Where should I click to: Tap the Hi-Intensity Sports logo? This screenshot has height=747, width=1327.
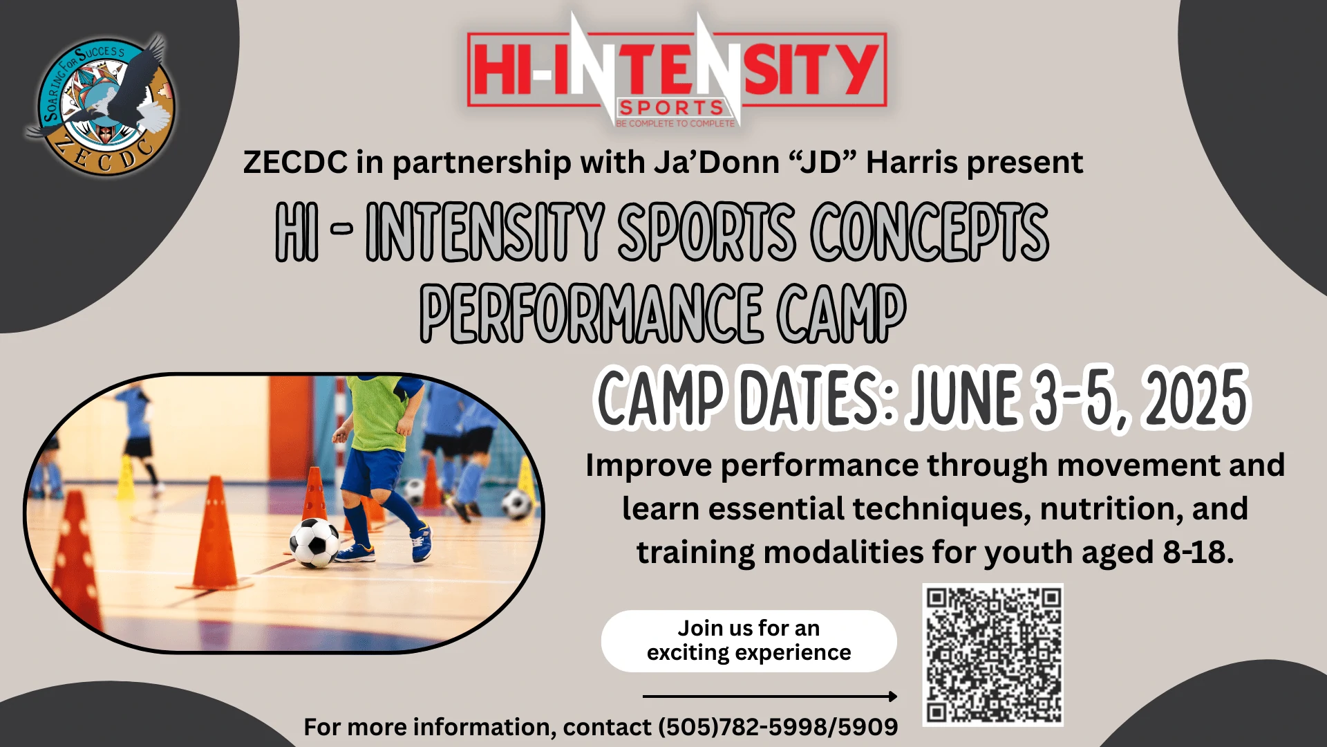[677, 71]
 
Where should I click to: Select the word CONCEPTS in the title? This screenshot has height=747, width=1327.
[930, 232]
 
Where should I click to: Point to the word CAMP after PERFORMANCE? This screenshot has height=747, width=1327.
[841, 313]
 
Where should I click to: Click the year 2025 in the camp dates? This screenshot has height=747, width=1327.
[1196, 398]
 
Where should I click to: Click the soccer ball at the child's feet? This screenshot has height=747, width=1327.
[314, 543]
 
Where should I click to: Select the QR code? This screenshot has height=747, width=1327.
[993, 654]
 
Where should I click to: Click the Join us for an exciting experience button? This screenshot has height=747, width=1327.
[749, 640]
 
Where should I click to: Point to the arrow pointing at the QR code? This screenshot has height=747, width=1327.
[770, 697]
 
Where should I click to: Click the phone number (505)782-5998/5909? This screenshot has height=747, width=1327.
[778, 727]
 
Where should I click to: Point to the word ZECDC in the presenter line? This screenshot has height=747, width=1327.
[295, 162]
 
